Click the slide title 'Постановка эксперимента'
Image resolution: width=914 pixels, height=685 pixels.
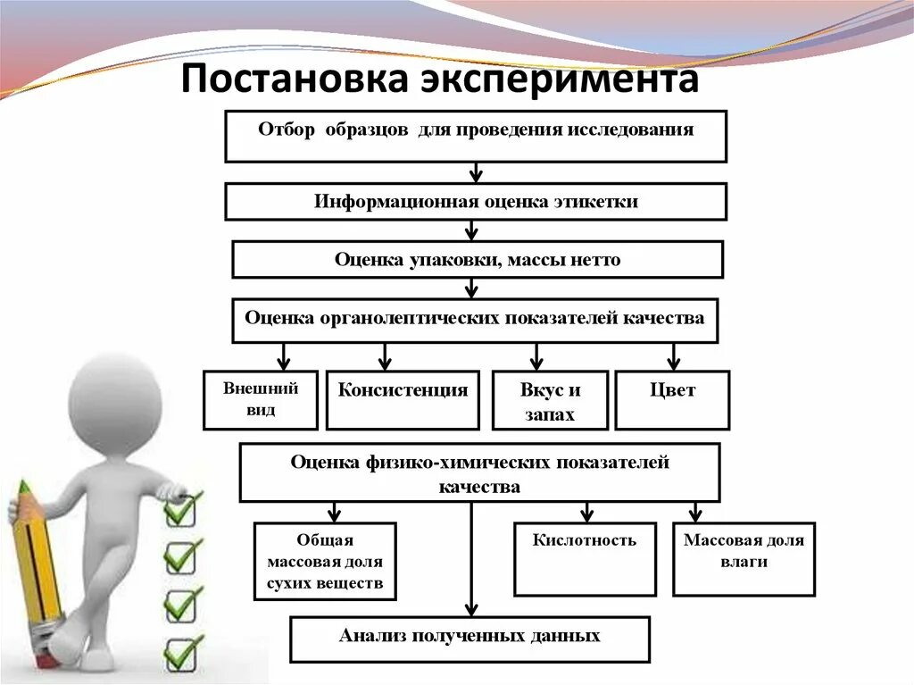tap(440, 80)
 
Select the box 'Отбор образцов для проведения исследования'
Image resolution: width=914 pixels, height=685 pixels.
tap(476, 136)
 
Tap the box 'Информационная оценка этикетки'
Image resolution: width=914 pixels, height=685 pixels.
tap(476, 202)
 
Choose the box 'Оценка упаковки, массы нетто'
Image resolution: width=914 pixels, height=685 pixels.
tap(478, 260)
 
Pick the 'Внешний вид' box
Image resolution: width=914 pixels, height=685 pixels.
tap(261, 400)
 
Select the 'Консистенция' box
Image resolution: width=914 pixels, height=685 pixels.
tap(403, 400)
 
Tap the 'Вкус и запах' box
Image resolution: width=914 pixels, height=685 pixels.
tap(550, 400)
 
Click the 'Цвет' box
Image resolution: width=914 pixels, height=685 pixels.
tap(673, 400)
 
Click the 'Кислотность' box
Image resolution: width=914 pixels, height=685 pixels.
tap(585, 559)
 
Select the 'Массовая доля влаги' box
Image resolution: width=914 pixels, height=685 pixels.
tap(744, 559)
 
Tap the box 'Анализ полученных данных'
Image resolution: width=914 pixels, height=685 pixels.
tap(469, 639)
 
